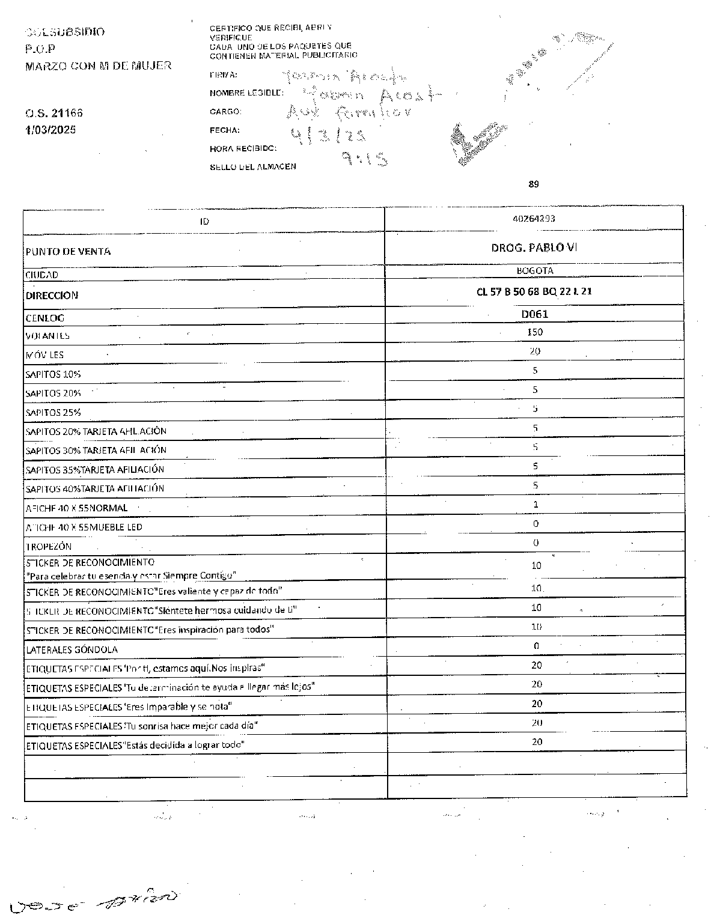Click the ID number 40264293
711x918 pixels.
pos(534,219)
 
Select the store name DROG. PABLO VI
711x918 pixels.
pos(534,248)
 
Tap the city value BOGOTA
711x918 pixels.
pos(534,271)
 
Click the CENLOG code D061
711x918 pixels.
pos(534,314)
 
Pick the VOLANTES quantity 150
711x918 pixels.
pos(534,332)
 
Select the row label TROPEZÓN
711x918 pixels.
pos(49,547)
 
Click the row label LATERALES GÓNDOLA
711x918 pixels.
pos(72,650)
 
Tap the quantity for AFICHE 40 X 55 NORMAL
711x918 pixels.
pos(536,505)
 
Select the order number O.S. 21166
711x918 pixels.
pos(54,113)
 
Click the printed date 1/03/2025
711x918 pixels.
pos(50,130)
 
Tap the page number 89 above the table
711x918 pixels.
pos(534,184)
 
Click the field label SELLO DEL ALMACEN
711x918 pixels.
pos(252,166)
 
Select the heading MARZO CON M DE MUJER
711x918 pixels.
pos(98,65)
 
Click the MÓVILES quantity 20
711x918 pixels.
pos(534,351)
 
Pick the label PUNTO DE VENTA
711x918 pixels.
pos(68,252)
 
